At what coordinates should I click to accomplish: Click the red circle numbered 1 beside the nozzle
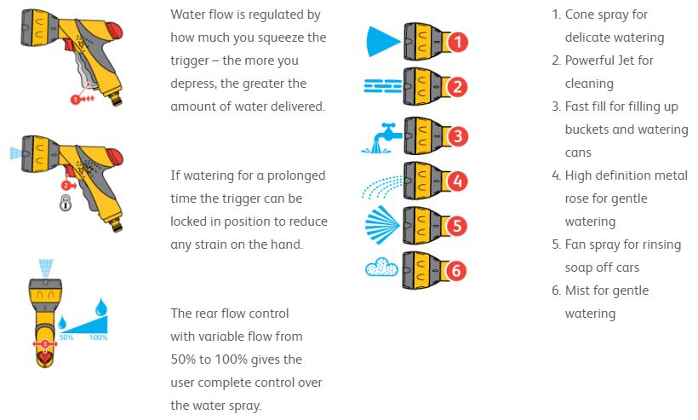pyautogui.click(x=457, y=42)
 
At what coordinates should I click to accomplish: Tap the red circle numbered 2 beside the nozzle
pyautogui.click(x=457, y=87)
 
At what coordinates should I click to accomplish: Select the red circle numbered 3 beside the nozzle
pyautogui.click(x=457, y=135)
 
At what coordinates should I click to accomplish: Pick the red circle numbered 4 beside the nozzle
pyautogui.click(x=457, y=181)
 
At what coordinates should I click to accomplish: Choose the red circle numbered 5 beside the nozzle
pyautogui.click(x=457, y=226)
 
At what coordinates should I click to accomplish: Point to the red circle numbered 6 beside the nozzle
pyautogui.click(x=457, y=271)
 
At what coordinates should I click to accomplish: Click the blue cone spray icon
pyautogui.click(x=381, y=41)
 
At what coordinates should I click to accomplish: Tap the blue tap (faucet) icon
pyautogui.click(x=380, y=135)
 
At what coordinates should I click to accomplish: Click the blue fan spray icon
pyautogui.click(x=382, y=226)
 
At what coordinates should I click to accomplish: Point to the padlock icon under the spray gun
pyautogui.click(x=66, y=204)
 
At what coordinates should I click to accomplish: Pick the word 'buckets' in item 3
pyautogui.click(x=589, y=129)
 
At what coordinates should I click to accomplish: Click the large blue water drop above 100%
pyautogui.click(x=101, y=308)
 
